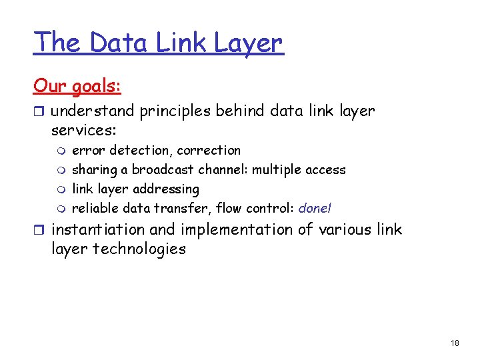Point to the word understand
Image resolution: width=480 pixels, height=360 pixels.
(x=93, y=111)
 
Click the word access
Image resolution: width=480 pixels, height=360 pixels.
(x=325, y=169)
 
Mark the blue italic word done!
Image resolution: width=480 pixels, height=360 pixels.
(x=315, y=208)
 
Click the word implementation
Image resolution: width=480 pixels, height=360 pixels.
(x=237, y=230)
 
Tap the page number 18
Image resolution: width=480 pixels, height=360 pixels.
(x=455, y=343)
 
